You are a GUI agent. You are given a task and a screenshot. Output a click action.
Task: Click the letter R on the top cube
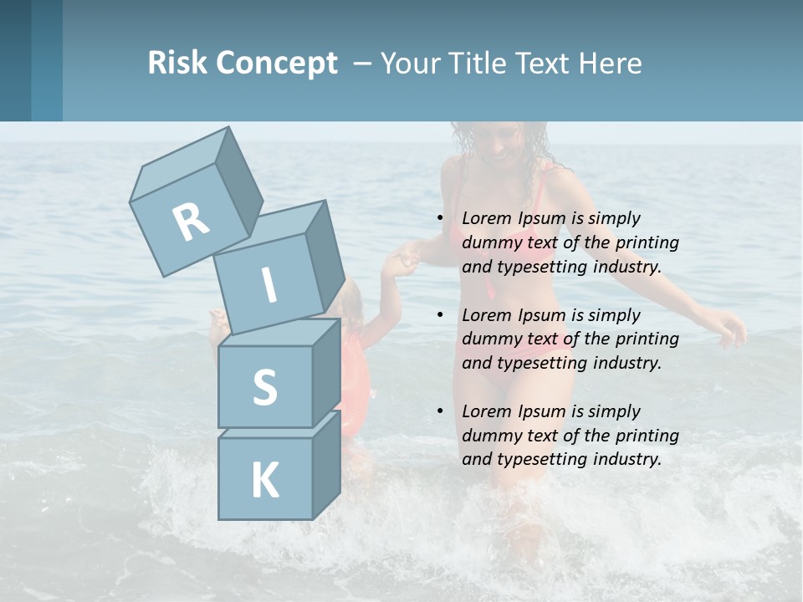pos(192,222)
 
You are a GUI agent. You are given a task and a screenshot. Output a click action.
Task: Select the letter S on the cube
pos(264,387)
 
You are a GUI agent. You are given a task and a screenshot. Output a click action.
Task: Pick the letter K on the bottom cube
pos(264,481)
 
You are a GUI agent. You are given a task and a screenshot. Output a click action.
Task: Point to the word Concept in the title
pos(277,64)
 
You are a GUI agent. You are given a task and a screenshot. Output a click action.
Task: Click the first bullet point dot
pos(440,219)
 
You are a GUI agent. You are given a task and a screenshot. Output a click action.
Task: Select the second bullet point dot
pos(440,316)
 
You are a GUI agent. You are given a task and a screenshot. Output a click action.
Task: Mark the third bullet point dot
pos(440,412)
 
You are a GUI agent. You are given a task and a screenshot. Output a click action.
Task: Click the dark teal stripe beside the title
pos(47,60)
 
